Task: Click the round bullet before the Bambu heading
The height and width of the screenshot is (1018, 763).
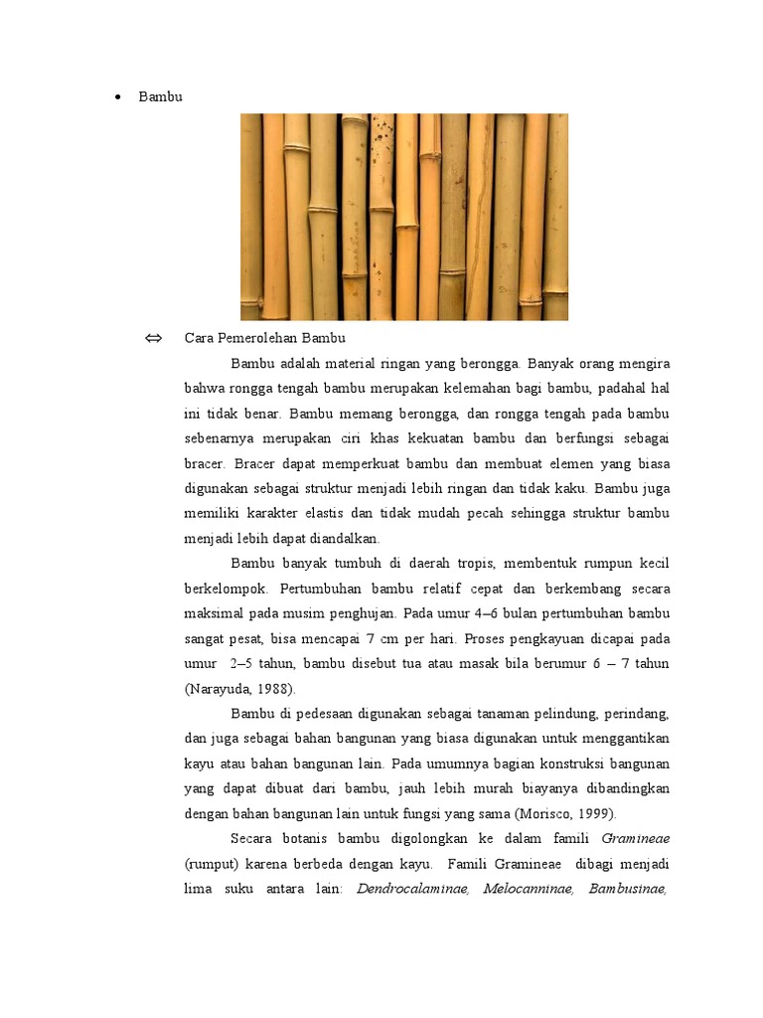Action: click(117, 97)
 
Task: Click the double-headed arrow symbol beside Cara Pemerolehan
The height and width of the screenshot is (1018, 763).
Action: click(153, 338)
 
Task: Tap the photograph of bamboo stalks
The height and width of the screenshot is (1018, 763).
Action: click(404, 217)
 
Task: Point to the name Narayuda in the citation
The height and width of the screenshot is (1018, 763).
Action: click(223, 688)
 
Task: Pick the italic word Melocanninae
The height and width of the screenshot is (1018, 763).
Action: click(528, 888)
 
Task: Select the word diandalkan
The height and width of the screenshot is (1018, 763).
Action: click(343, 538)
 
